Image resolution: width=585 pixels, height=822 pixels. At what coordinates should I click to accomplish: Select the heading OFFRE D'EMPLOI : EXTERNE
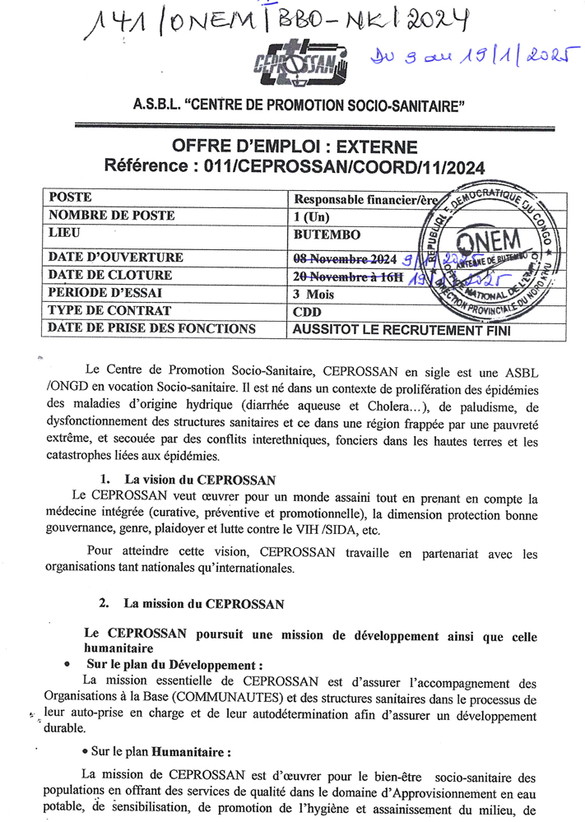[x=294, y=148]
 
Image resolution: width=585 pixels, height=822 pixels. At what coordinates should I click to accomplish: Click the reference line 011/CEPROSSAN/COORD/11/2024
[x=295, y=167]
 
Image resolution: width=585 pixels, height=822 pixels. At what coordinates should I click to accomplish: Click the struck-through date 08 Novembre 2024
[x=345, y=257]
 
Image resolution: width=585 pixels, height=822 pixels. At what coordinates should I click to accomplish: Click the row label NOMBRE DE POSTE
[x=111, y=216]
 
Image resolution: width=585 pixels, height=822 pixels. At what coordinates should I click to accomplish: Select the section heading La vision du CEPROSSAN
[x=199, y=479]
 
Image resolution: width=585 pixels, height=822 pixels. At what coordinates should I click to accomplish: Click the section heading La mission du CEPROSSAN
[x=203, y=603]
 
